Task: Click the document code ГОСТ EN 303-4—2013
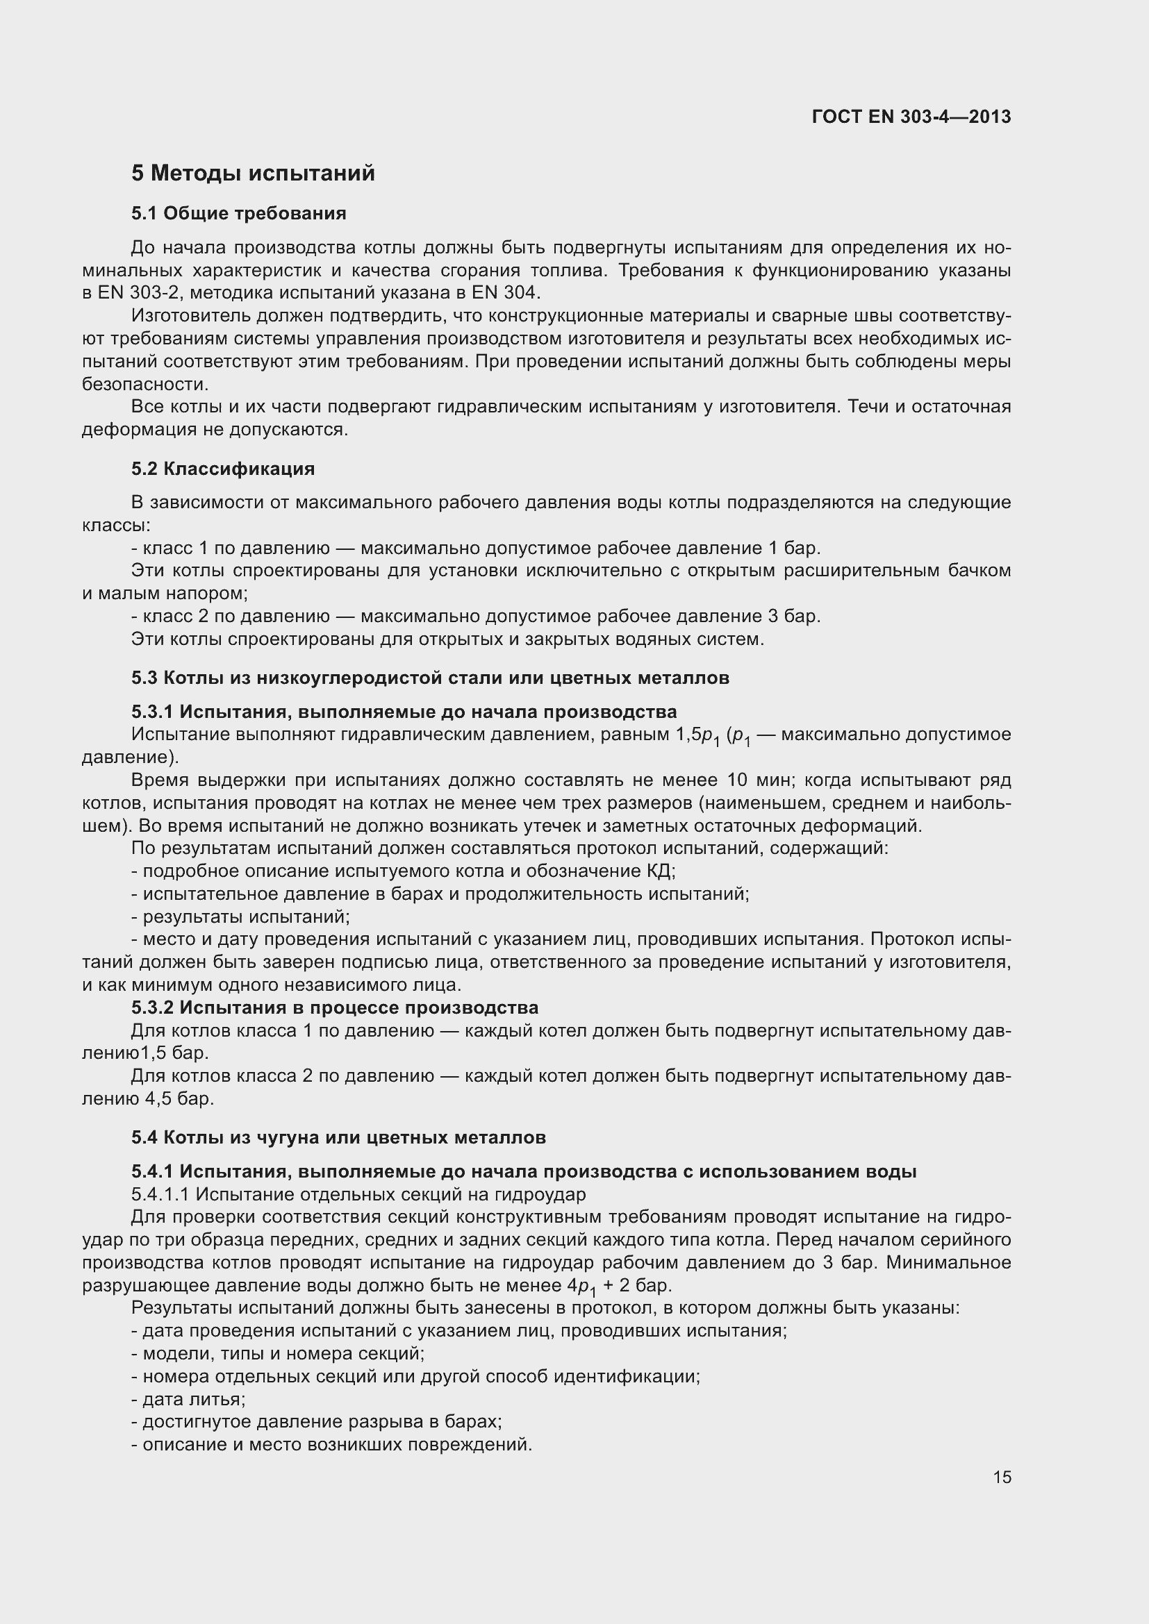911,117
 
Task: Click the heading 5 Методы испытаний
253,174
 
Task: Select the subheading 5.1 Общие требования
238,214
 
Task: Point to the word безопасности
144,384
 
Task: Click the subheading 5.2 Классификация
223,469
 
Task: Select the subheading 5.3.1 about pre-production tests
404,711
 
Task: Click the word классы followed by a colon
115,526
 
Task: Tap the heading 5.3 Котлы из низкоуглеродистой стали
429,678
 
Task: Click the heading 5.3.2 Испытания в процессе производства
334,1007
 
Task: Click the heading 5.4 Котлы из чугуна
338,1137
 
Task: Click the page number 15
1002,1477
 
